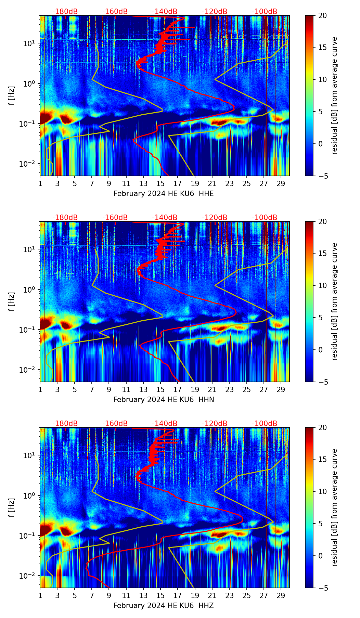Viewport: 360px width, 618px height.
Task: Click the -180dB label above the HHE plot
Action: coord(65,12)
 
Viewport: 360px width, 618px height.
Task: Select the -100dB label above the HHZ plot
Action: coord(265,424)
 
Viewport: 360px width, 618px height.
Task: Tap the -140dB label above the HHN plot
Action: coord(165,218)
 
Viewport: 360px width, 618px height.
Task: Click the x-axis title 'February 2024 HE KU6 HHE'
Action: coord(164,194)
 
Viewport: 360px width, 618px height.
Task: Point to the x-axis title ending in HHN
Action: coord(164,400)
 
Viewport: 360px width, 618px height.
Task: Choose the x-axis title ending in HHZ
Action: coord(164,606)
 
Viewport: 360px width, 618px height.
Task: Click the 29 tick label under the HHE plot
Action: coord(281,184)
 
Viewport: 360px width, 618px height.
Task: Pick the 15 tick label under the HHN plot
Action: coord(160,390)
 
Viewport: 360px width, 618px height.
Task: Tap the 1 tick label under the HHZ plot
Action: coord(40,596)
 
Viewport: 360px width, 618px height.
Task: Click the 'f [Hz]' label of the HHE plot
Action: coord(12,96)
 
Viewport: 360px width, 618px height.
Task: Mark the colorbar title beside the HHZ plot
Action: coord(334,507)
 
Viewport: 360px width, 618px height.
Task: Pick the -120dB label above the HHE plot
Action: coord(215,12)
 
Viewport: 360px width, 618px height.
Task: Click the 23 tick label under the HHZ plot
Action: coord(229,596)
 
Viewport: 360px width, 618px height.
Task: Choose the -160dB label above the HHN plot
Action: coord(115,218)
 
